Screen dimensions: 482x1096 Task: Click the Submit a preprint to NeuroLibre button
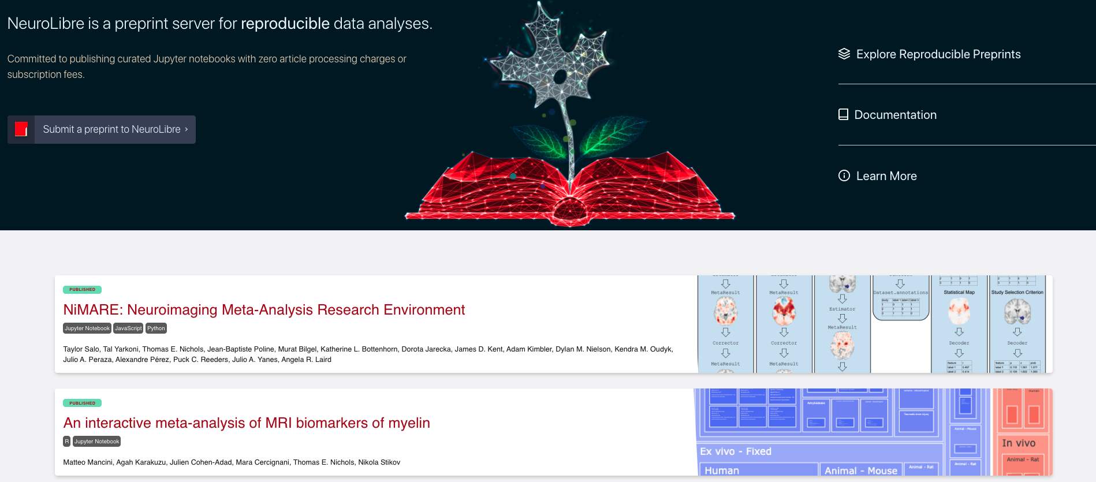pyautogui.click(x=115, y=129)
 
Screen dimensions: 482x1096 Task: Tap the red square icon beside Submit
pyautogui.click(x=21, y=129)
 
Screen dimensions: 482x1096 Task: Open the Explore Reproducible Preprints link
pyautogui.click(x=938, y=54)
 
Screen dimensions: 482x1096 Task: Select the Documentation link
pyautogui.click(x=895, y=115)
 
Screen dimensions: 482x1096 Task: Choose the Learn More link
pyautogui.click(x=886, y=176)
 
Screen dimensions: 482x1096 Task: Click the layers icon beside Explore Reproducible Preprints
pyautogui.click(x=844, y=54)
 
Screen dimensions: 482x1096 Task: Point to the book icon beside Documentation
pyautogui.click(x=844, y=114)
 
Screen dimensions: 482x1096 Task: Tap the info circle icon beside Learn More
pyautogui.click(x=844, y=175)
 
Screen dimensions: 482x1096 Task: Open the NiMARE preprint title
pyautogui.click(x=264, y=310)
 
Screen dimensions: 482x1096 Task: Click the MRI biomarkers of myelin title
pyautogui.click(x=247, y=423)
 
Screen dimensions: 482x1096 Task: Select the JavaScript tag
pyautogui.click(x=128, y=328)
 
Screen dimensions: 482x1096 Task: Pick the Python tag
pyautogui.click(x=156, y=328)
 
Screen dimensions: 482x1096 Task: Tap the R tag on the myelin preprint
pyautogui.click(x=67, y=442)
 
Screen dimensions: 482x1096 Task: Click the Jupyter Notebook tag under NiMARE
pyautogui.click(x=87, y=328)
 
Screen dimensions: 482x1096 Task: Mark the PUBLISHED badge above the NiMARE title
pyautogui.click(x=83, y=290)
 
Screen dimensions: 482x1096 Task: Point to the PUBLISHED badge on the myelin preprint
pyautogui.click(x=83, y=403)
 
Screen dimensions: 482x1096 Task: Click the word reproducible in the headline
pyautogui.click(x=285, y=24)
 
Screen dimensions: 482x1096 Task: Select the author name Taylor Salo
pyautogui.click(x=81, y=349)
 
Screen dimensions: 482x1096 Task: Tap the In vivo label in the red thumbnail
pyautogui.click(x=1019, y=443)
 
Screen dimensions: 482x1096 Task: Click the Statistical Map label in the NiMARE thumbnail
pyautogui.click(x=959, y=293)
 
